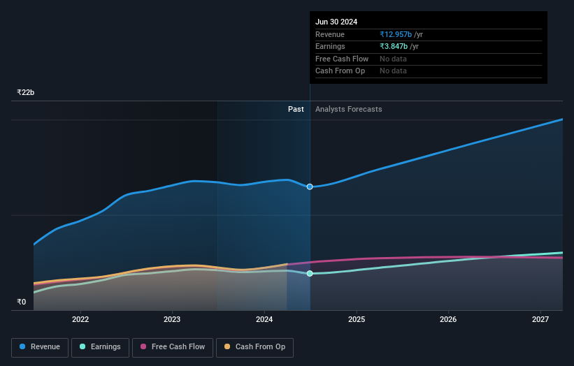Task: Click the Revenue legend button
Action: pyautogui.click(x=40, y=347)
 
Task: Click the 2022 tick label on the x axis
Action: pyautogui.click(x=80, y=320)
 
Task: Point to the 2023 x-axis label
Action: pyautogui.click(x=172, y=320)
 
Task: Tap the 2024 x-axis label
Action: pyautogui.click(x=264, y=320)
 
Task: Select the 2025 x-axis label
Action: pyautogui.click(x=357, y=320)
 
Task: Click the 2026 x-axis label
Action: pyautogui.click(x=448, y=320)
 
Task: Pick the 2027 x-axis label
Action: pyautogui.click(x=540, y=320)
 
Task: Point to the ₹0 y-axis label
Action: pyautogui.click(x=22, y=302)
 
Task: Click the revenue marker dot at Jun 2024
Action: pyautogui.click(x=310, y=186)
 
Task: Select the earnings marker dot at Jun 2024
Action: pyautogui.click(x=310, y=274)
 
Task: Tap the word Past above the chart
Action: pyautogui.click(x=296, y=109)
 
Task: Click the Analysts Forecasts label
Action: pyautogui.click(x=349, y=109)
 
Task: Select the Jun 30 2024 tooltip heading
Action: pyautogui.click(x=336, y=22)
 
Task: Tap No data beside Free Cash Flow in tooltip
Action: pyautogui.click(x=393, y=59)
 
